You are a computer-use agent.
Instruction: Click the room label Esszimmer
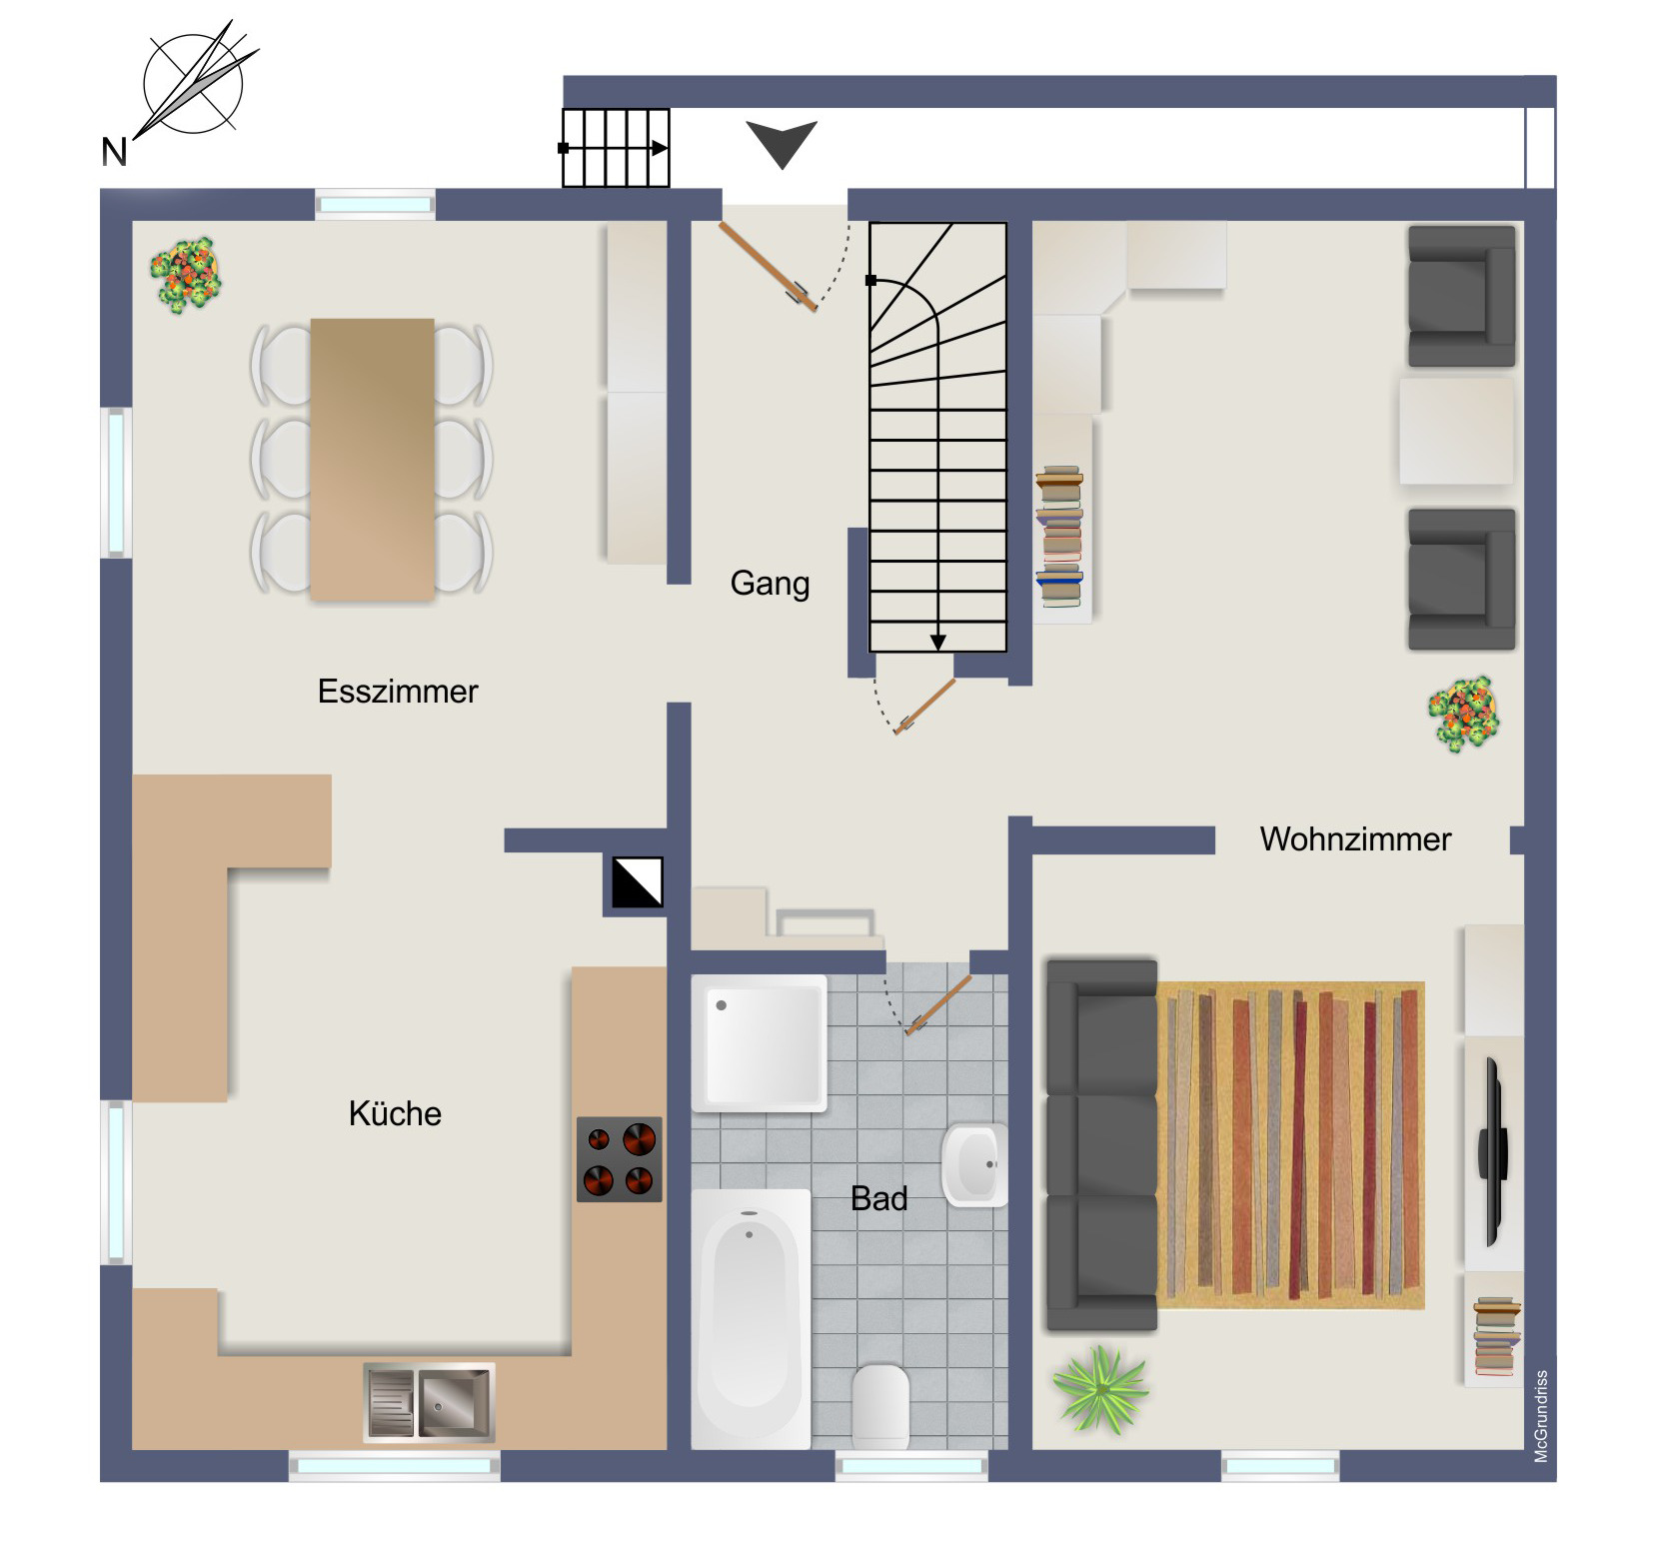tap(398, 692)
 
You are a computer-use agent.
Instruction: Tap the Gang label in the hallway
tap(770, 584)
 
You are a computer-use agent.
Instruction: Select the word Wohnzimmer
tap(1355, 839)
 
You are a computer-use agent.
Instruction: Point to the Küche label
tap(395, 1113)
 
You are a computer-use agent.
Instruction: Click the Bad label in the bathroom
tap(879, 1198)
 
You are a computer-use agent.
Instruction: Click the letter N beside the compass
tap(114, 152)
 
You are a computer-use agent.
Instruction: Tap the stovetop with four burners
tap(620, 1159)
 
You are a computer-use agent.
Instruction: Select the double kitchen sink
tap(429, 1402)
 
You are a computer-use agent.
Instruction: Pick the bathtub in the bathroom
tap(751, 1319)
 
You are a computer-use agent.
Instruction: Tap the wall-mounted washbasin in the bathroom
tap(974, 1165)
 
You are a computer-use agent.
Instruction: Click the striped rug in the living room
tap(1291, 1145)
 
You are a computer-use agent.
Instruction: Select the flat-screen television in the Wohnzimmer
tap(1493, 1151)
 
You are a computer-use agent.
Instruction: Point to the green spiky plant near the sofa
tap(1100, 1389)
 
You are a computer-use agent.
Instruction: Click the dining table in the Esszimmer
tap(373, 460)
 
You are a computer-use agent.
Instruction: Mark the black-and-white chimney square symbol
tap(638, 882)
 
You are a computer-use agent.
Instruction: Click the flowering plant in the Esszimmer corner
tap(186, 274)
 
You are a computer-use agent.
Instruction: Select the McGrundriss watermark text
tap(1541, 1416)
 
